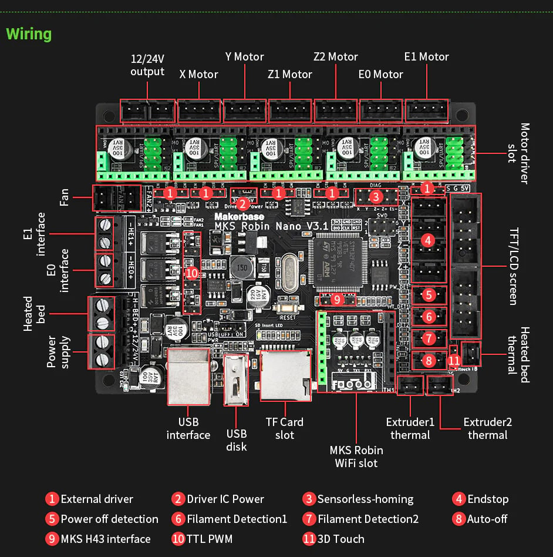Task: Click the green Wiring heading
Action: (x=29, y=34)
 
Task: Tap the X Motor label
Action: (x=198, y=75)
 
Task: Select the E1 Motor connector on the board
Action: (x=427, y=110)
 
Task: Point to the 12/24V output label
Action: (x=147, y=65)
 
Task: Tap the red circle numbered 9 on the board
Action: (x=336, y=300)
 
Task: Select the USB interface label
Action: (x=188, y=428)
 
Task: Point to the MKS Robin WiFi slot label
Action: (x=356, y=457)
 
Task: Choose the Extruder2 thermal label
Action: (x=487, y=428)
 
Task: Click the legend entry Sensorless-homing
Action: (x=365, y=499)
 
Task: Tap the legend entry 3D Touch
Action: (x=340, y=539)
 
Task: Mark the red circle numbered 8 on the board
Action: (x=428, y=360)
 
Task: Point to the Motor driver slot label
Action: (x=518, y=153)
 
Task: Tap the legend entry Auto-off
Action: (x=487, y=519)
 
